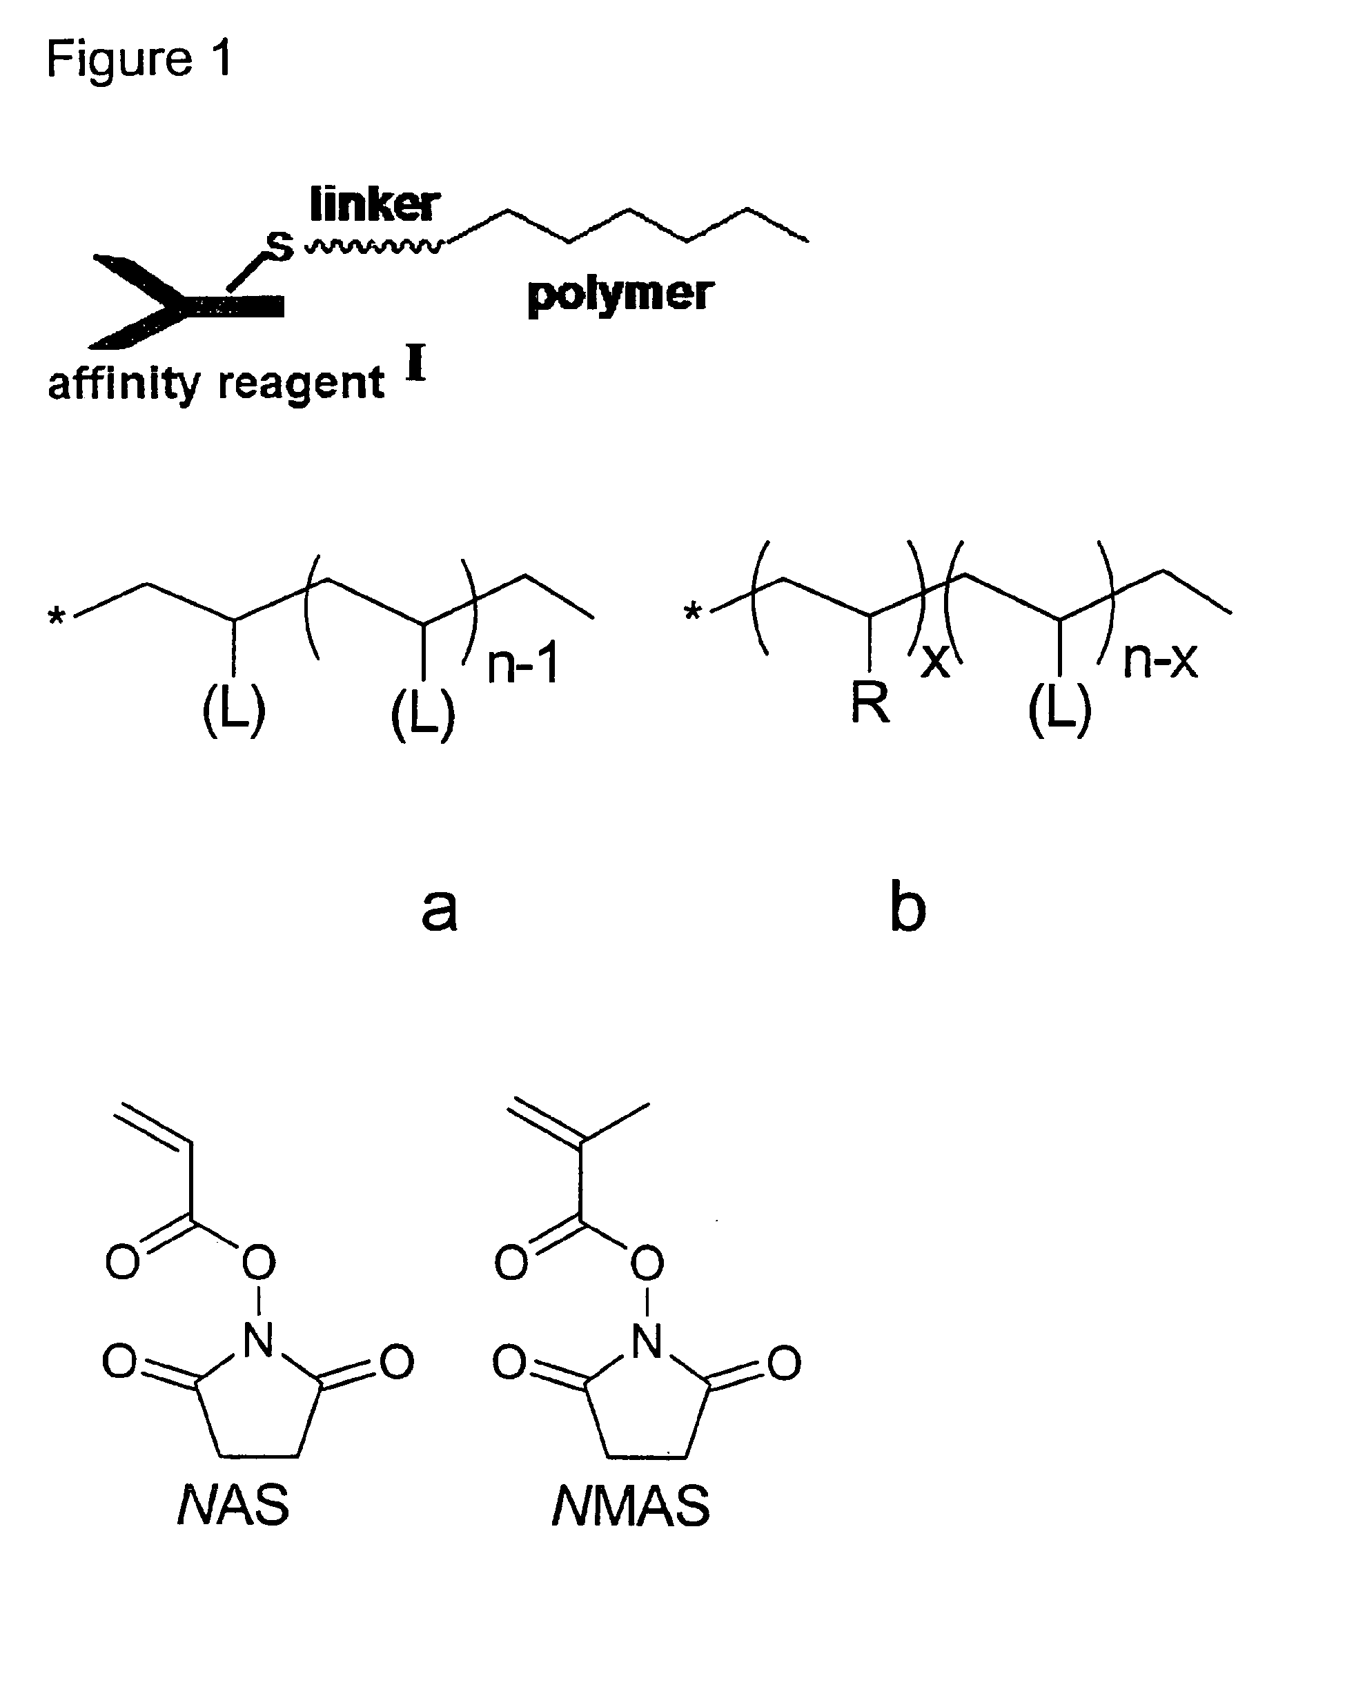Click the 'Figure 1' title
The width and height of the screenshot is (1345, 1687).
(x=139, y=59)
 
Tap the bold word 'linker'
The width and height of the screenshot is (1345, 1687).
(x=374, y=205)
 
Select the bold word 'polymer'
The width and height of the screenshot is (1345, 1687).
(x=620, y=294)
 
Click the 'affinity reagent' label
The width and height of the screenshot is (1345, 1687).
(x=215, y=384)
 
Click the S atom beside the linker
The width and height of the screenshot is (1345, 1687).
(x=279, y=246)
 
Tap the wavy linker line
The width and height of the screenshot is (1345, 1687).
(x=374, y=247)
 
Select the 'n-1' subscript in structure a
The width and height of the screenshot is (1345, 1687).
(x=522, y=664)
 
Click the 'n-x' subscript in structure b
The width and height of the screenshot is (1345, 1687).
(x=1159, y=660)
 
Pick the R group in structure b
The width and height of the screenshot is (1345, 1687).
(x=870, y=702)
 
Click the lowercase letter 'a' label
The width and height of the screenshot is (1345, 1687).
(x=439, y=909)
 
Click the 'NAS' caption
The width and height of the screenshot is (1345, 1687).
(x=233, y=1505)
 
